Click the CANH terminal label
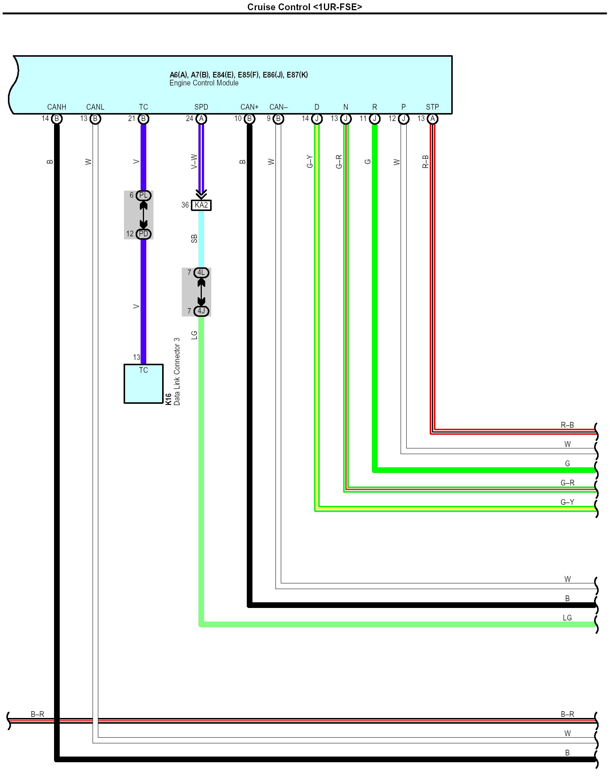[57, 107]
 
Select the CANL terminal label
[95, 107]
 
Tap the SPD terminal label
[201, 107]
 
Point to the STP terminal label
[432, 107]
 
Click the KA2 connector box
[201, 205]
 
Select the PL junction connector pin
[143, 195]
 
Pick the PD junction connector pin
[143, 234]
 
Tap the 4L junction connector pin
[201, 273]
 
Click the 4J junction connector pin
[201, 311]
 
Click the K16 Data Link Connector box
[144, 384]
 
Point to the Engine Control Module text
[204, 83]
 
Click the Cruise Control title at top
[305, 7]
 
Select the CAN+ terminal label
[249, 107]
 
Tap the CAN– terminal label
[279, 107]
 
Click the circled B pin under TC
[143, 119]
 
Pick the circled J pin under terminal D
[317, 119]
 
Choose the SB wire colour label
[194, 239]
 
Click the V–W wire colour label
[194, 161]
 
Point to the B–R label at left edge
[37, 714]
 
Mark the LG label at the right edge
[567, 618]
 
